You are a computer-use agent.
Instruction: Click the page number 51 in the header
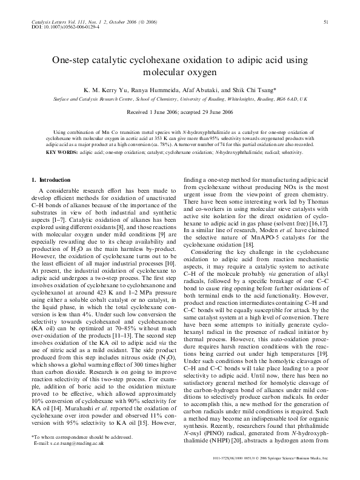tap(326, 22)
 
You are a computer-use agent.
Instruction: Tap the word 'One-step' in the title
tap(72, 61)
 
